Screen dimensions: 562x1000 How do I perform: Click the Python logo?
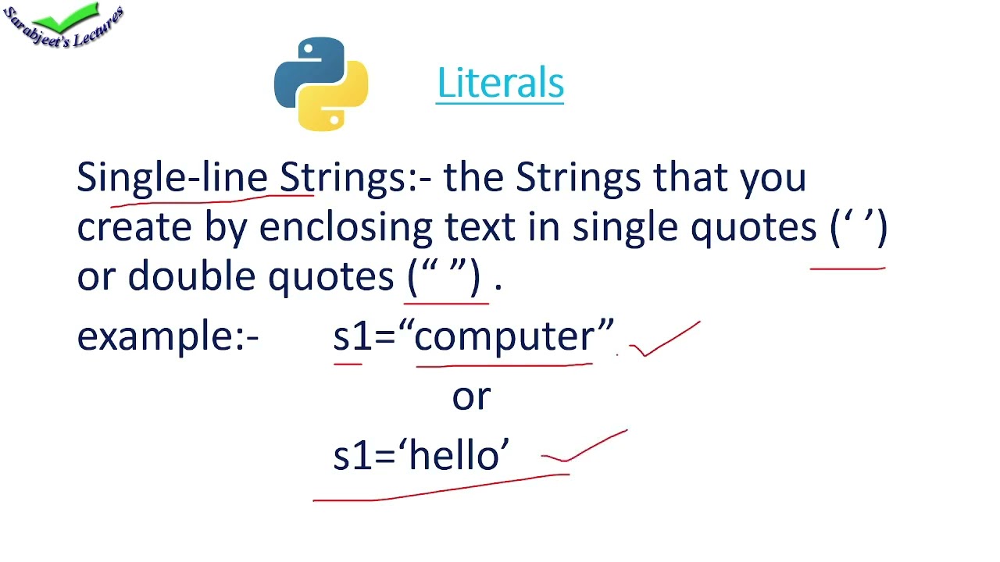tap(321, 84)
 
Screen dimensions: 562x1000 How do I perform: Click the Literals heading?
tap(500, 84)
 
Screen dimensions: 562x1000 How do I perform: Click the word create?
tap(134, 227)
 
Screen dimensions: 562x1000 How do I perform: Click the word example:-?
tap(167, 336)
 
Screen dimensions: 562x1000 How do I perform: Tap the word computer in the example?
tap(504, 336)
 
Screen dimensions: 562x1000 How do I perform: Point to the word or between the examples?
tap(471, 397)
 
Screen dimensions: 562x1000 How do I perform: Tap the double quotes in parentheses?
tap(445, 276)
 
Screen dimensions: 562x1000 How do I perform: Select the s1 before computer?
tap(349, 336)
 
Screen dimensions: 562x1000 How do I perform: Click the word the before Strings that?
tap(474, 178)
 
